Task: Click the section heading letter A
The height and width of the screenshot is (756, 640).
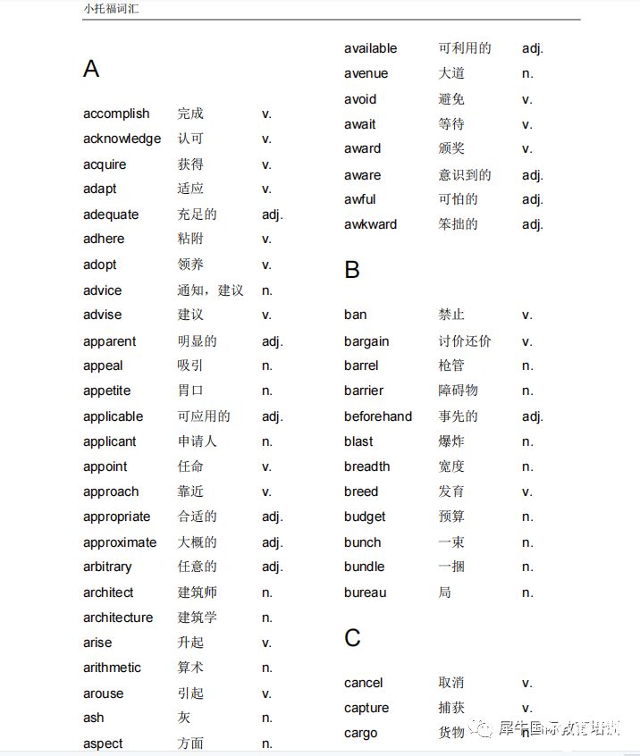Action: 91,69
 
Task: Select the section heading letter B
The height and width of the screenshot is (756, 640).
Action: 352,270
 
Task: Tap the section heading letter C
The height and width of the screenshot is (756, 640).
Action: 352,638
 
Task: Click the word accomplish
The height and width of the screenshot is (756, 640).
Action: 116,113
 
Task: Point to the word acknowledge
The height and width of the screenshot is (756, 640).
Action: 122,139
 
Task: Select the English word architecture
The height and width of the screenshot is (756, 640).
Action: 118,617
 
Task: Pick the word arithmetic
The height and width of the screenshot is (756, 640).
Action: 112,668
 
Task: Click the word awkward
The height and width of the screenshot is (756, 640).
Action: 370,224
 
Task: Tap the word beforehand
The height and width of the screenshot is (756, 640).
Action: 378,416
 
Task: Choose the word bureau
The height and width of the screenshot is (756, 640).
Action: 366,592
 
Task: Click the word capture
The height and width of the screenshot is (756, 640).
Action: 366,708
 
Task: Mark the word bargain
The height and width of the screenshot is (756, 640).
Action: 366,341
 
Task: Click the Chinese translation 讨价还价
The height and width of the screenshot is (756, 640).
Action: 465,341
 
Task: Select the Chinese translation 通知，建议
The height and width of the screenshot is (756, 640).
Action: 210,290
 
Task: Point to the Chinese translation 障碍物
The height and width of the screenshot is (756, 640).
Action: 458,391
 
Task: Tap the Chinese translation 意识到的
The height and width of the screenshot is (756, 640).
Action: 465,175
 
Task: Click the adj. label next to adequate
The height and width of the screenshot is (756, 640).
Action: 272,214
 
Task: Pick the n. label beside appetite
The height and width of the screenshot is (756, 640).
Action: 266,391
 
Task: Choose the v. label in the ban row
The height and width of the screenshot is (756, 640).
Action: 526,315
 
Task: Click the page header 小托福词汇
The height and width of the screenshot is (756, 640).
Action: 112,10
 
